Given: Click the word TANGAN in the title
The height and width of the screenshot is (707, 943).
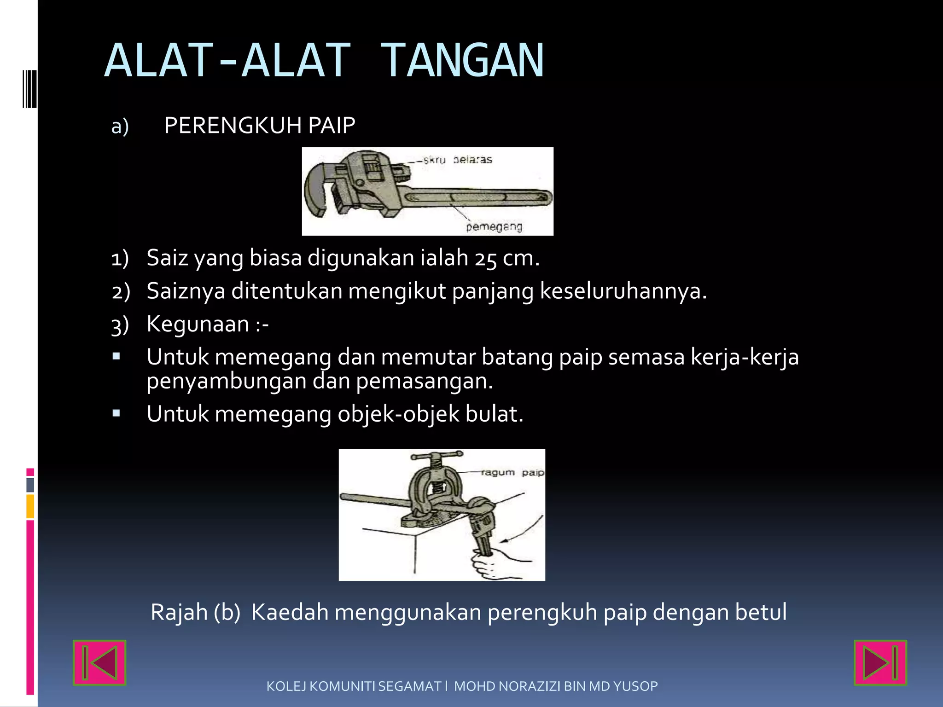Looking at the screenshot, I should coord(463,61).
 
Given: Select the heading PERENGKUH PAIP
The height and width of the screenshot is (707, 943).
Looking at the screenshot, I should coord(260,126).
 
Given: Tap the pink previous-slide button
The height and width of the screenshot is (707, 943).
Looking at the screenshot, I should coord(99,662).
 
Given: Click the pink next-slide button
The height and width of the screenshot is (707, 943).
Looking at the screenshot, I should coord(880,662).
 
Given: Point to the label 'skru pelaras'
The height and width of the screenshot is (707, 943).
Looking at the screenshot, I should coord(458,160).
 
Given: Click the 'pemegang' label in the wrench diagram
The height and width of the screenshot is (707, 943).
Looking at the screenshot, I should coord(494,227).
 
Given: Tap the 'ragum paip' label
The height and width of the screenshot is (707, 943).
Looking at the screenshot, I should coord(512,473).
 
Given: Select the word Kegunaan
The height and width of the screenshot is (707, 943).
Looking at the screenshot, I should coord(198,324).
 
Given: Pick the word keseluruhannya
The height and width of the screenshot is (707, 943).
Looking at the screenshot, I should coord(623,291).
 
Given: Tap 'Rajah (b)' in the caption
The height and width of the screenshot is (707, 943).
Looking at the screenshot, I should coord(196,612).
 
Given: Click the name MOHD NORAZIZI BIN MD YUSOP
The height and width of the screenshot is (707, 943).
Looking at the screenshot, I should coord(556,686).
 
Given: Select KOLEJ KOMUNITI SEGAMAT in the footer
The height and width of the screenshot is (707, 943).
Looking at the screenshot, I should coord(354,686).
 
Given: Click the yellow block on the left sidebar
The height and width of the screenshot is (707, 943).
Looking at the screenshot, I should coord(30,506).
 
